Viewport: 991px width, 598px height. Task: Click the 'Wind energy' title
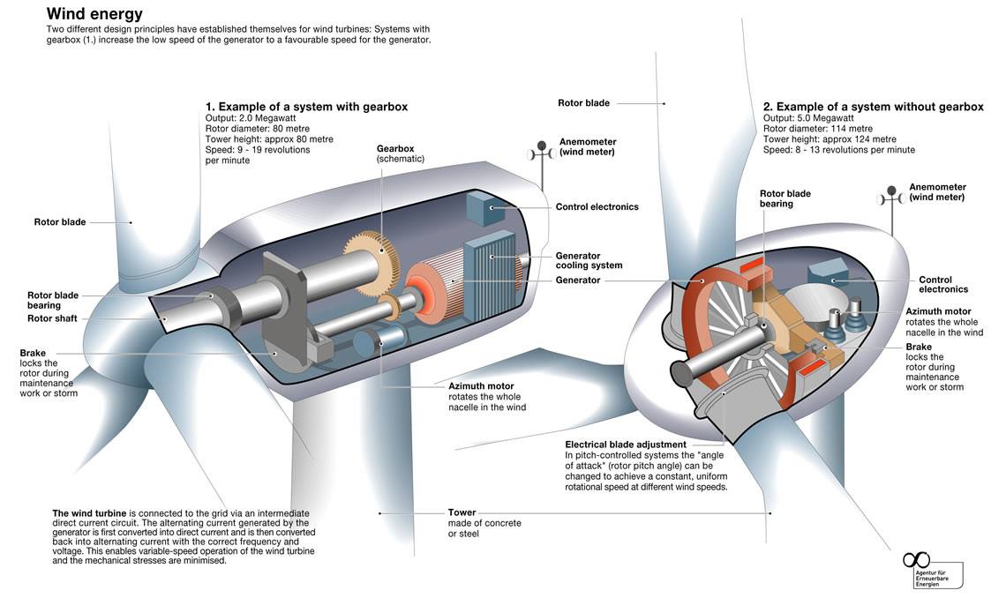point(94,14)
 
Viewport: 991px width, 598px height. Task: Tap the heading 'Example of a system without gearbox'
point(873,107)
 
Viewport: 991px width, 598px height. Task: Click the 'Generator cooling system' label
point(589,259)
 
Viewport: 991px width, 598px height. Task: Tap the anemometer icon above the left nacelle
point(539,154)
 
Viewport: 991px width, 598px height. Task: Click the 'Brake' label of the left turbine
point(33,353)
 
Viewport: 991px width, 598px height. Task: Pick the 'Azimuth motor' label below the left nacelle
point(482,386)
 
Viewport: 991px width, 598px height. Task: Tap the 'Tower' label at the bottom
point(462,512)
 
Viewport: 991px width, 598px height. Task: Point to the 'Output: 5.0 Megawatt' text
point(808,118)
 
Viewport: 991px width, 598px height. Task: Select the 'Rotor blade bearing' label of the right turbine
point(785,198)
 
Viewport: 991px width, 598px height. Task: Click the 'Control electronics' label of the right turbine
point(943,284)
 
